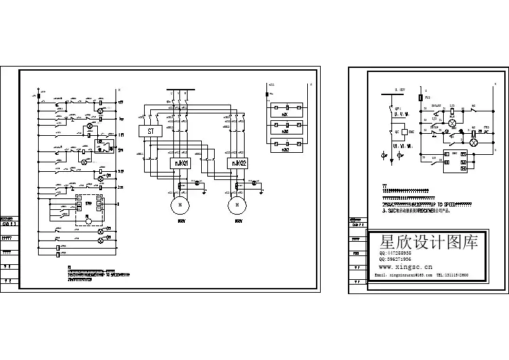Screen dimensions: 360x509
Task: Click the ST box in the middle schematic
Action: click(148, 132)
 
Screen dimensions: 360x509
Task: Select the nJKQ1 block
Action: click(179, 164)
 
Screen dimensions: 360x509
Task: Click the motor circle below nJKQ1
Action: click(180, 204)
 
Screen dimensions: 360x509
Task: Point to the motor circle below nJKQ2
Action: click(236, 204)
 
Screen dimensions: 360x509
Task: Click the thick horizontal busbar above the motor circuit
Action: click(181, 89)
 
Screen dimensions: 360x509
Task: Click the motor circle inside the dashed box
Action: click(87, 219)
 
